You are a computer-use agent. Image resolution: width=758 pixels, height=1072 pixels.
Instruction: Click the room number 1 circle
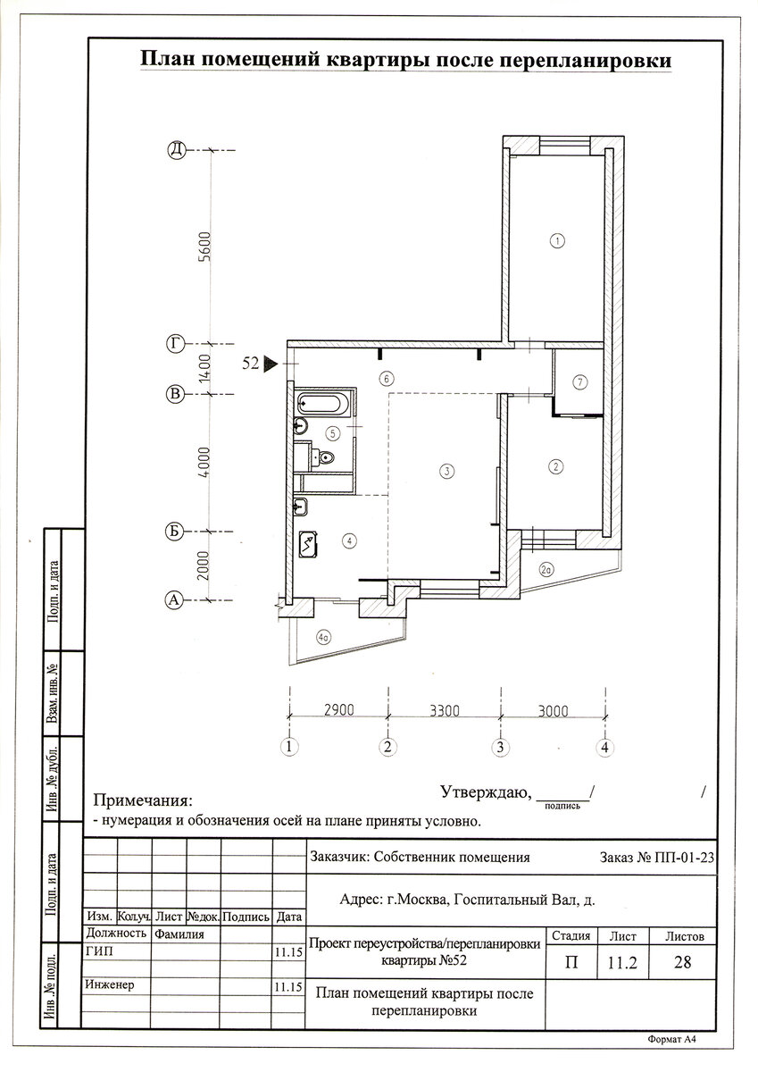coord(558,240)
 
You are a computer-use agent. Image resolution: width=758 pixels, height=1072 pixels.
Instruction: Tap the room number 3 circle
coord(446,472)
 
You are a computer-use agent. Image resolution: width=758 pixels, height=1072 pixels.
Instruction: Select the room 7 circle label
coord(580,382)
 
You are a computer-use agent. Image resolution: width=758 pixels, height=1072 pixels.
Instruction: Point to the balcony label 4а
coord(324,637)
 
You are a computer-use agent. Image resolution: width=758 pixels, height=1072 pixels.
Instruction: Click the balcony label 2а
coord(546,570)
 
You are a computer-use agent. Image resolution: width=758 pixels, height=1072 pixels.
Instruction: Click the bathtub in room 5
coord(320,404)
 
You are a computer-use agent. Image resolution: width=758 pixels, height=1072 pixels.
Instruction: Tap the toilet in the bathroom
coord(324,458)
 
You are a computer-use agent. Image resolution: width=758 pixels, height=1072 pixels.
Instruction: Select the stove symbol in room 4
coord(307,544)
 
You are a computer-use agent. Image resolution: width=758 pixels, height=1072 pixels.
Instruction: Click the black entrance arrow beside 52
coord(271,364)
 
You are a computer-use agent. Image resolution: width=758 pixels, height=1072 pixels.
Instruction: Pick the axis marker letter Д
coord(177,150)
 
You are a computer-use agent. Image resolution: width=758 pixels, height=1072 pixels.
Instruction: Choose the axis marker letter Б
coord(175,532)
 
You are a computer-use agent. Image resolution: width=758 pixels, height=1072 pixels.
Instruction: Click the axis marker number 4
coord(605,747)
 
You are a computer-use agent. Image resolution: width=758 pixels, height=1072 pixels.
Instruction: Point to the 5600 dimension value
coord(204,246)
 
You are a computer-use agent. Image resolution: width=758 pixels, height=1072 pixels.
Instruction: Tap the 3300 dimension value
coord(445,711)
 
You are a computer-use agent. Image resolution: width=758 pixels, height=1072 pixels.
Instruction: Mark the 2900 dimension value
coord(339,709)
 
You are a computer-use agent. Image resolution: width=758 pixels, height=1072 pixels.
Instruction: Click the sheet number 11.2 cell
coord(622,962)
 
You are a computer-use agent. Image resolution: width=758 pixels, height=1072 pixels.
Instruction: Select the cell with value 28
coord(682,962)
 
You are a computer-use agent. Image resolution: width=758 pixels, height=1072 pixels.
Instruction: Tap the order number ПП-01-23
coord(688,857)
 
